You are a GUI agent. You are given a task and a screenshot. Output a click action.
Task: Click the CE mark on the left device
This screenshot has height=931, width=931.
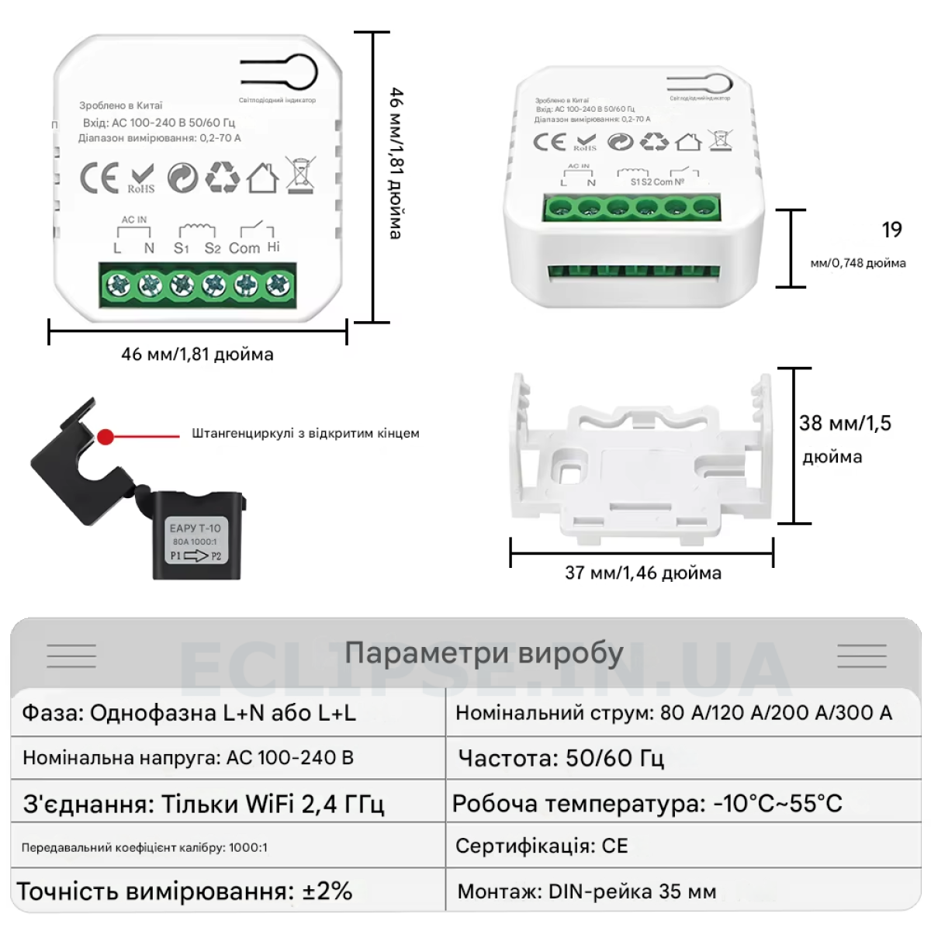pos(99,178)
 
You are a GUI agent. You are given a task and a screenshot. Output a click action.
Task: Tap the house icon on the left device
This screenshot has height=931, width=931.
pos(263,178)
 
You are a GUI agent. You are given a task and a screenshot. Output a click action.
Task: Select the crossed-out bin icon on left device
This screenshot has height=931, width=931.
pos(300,175)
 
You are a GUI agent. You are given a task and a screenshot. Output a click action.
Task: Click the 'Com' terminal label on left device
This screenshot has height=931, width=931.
pos(244,248)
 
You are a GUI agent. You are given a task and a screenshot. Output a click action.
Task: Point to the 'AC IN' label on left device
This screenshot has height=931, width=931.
pos(133,220)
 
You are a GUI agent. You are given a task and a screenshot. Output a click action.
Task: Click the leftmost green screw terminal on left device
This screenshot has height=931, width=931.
pos(119,286)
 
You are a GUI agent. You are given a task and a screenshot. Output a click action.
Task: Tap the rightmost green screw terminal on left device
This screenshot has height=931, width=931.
pos(277,286)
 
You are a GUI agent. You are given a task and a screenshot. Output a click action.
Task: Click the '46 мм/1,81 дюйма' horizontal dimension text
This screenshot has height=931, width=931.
pos(197,355)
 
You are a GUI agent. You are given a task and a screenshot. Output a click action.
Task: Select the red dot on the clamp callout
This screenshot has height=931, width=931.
pos(106,437)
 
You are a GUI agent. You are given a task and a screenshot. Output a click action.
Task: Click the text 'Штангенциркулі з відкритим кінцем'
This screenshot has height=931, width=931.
pos(306,434)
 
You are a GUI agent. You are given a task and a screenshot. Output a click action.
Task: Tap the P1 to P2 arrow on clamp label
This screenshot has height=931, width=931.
pos(196,555)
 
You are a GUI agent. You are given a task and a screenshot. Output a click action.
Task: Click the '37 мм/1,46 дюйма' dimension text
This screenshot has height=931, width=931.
pos(643,573)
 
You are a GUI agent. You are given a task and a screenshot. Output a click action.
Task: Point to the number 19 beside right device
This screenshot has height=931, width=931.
pos(892,230)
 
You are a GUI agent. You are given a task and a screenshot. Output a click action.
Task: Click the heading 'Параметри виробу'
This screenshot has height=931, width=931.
pos(484,653)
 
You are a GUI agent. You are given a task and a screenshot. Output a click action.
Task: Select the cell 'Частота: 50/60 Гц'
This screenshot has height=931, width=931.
pos(562,758)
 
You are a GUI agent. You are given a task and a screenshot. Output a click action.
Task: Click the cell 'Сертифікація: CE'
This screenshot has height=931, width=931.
pos(542,846)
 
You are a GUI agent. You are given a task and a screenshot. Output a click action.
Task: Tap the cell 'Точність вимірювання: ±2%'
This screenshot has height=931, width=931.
pos(185,891)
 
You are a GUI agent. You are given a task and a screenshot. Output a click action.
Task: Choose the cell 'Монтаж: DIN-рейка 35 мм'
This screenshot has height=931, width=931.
pos(587,891)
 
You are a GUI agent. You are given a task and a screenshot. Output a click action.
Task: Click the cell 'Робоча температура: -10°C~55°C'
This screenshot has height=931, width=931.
pos(647,803)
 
